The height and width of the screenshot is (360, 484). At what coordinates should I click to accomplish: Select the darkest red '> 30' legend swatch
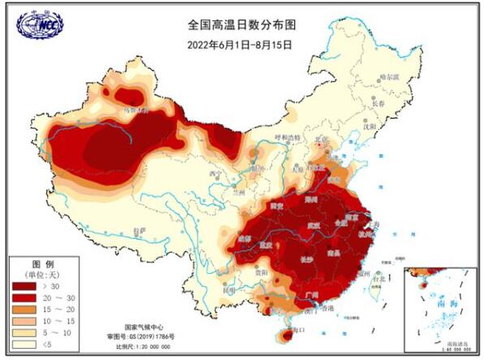(25, 287)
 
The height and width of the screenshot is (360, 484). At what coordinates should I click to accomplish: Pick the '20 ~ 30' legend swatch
(25, 298)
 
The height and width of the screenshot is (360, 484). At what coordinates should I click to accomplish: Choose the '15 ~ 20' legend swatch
(25, 310)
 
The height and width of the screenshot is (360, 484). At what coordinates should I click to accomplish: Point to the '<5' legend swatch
(25, 344)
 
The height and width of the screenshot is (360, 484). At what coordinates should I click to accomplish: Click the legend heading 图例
(42, 265)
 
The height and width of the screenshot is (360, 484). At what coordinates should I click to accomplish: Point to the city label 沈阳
(369, 126)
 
